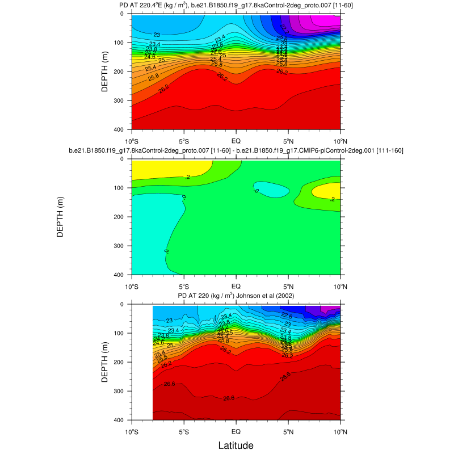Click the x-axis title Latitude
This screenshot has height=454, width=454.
[236, 445]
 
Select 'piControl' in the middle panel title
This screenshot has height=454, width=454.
[340, 151]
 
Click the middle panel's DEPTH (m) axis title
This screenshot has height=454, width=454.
[61, 216]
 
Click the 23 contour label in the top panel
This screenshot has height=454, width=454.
[157, 35]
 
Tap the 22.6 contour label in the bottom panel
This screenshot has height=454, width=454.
[287, 316]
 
